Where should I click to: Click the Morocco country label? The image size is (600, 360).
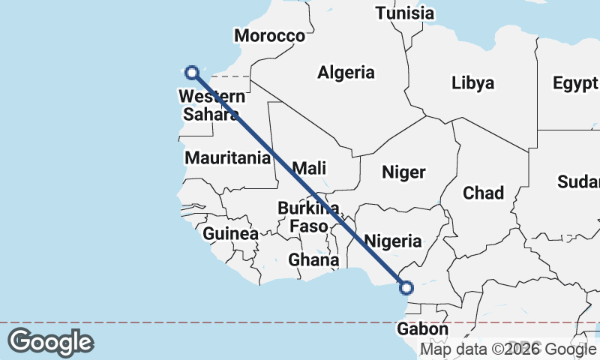point(269,35)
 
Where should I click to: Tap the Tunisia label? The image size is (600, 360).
point(405,13)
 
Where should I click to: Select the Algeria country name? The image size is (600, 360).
point(346,73)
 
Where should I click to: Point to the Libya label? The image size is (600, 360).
point(473,82)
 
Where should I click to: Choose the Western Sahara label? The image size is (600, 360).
point(211,105)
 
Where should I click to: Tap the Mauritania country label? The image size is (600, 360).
point(227,158)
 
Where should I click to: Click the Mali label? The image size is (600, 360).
point(309,168)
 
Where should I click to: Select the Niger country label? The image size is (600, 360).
point(403,172)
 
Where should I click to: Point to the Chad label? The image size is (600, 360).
point(483,193)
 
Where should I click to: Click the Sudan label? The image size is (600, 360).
point(579,181)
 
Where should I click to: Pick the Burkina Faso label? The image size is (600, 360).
point(308,217)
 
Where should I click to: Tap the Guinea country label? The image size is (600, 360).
point(231,233)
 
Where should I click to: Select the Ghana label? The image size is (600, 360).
point(313,259)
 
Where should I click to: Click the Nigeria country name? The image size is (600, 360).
point(392,241)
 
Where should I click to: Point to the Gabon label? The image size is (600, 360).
point(423,329)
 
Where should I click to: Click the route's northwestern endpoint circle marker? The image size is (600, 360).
point(191,72)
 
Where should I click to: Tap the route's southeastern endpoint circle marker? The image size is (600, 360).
point(406,287)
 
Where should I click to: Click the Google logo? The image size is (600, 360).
point(50,342)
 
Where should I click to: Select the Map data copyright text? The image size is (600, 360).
point(508,349)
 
